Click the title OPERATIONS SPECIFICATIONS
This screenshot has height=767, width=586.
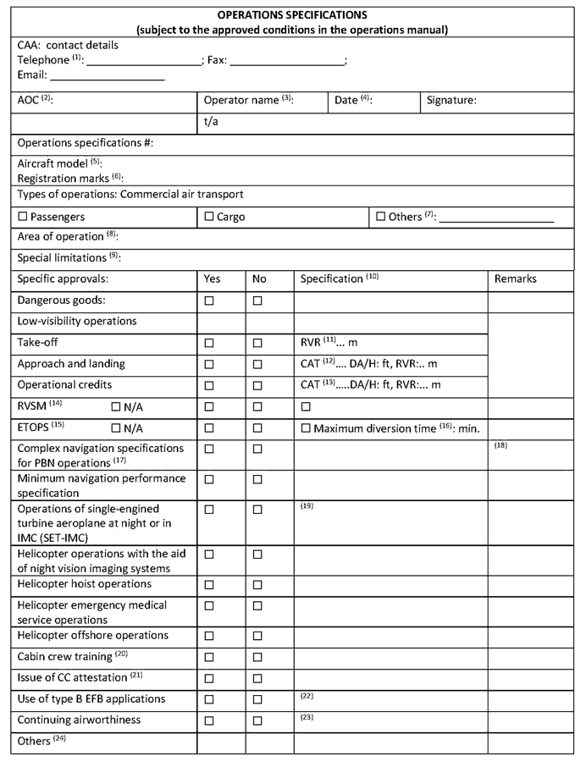(x=292, y=15)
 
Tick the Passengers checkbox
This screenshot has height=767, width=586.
(x=23, y=217)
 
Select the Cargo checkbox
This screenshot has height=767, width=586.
(x=209, y=217)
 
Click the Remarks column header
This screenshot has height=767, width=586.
(x=516, y=279)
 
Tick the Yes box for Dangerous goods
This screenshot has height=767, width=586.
(x=209, y=301)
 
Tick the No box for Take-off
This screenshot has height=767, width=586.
(x=258, y=343)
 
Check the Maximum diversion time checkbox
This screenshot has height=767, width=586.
(x=306, y=428)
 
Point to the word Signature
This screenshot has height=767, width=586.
(x=451, y=100)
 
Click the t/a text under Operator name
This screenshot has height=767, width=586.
(x=212, y=122)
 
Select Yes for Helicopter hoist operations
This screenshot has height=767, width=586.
(x=209, y=585)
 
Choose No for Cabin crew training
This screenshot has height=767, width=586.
(x=258, y=657)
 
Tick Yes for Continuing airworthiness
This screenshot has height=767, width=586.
(x=209, y=721)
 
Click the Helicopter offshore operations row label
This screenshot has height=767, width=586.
(x=93, y=635)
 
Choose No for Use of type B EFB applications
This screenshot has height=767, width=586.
(x=258, y=699)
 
